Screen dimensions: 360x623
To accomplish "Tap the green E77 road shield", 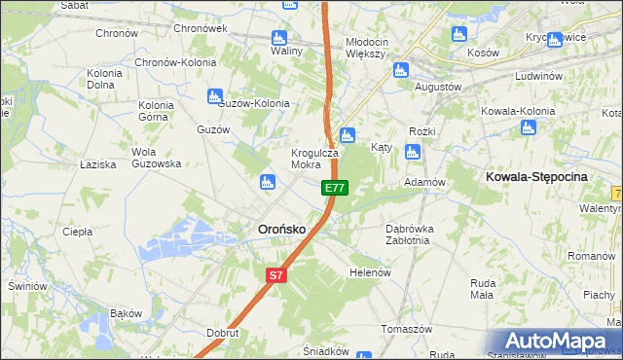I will click(334, 187).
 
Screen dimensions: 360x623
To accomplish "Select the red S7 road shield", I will click(276, 275).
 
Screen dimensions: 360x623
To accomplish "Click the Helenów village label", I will click(369, 272).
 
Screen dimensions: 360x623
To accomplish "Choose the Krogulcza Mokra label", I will click(314, 159).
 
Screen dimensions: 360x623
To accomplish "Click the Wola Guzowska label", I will click(157, 158).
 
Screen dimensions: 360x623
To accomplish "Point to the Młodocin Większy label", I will click(366, 48).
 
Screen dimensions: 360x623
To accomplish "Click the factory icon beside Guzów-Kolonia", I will click(214, 95).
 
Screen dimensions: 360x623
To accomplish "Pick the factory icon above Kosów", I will click(458, 35).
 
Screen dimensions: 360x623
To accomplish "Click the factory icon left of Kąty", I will click(348, 135).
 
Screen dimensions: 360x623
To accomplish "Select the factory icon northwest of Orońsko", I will click(266, 181).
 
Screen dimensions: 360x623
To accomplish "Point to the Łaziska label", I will click(98, 164).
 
